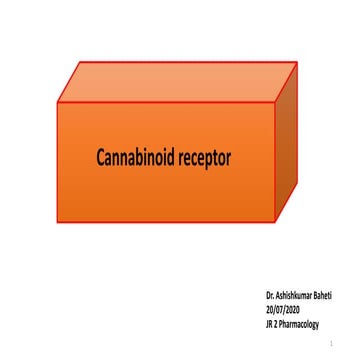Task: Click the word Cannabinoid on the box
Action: (x=137, y=157)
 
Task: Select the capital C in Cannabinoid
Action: (x=101, y=157)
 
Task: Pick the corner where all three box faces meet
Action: (x=275, y=102)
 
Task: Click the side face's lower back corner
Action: (x=300, y=186)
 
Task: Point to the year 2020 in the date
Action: (x=292, y=309)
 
